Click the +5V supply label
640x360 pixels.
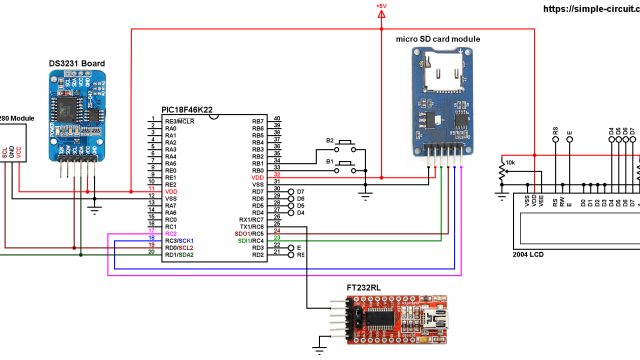pos(380,7)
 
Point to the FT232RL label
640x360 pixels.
pos(363,287)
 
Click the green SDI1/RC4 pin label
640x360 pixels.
pos(251,240)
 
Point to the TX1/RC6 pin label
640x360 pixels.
pos(251,226)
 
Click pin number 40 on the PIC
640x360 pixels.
pos(277,120)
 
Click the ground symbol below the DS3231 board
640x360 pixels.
pos(95,207)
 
